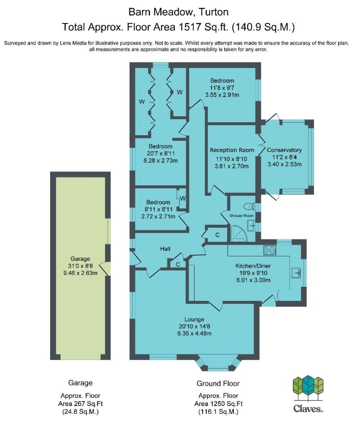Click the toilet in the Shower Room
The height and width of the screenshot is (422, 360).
pyautogui.click(x=249, y=206)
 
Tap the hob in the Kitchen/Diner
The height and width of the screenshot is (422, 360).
pyautogui.click(x=270, y=250)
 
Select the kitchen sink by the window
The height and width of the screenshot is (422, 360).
pyautogui.click(x=296, y=273)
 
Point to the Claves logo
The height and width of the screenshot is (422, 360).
pyautogui.click(x=308, y=394)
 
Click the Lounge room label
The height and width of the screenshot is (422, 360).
pyautogui.click(x=194, y=319)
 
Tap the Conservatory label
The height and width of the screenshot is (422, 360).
pyautogui.click(x=284, y=150)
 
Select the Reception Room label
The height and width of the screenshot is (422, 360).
pyautogui.click(x=232, y=150)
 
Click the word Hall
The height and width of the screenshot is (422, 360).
pyautogui.click(x=165, y=249)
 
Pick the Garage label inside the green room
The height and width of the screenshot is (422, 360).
pyautogui.click(x=80, y=259)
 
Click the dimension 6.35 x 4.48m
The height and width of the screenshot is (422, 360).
pyautogui.click(x=194, y=333)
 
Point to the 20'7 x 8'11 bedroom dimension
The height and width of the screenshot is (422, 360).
pyautogui.click(x=161, y=154)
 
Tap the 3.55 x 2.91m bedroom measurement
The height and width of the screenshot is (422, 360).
pyautogui.click(x=222, y=95)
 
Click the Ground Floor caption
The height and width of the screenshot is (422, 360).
pyautogui.click(x=218, y=383)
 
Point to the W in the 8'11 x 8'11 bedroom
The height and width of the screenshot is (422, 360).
pyautogui.click(x=183, y=198)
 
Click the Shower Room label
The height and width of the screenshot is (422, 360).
pyautogui.click(x=241, y=216)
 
